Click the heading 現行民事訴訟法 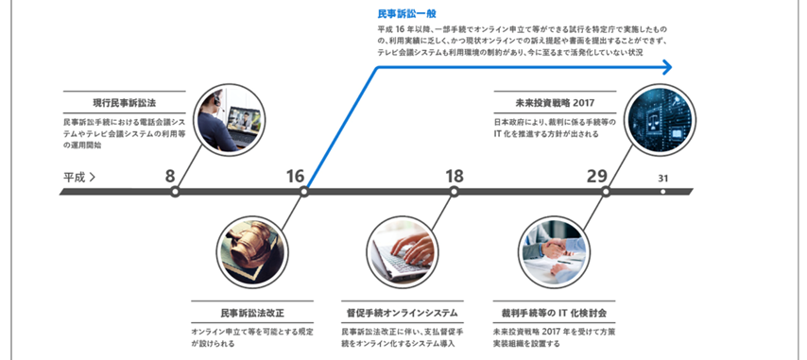(x=125, y=102)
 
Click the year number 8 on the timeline (x=170, y=176)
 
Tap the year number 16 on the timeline (x=296, y=176)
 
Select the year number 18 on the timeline (x=455, y=176)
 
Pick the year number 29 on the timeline (x=596, y=176)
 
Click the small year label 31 (x=663, y=178)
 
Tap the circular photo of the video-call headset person (x=228, y=119)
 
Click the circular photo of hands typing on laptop (x=403, y=250)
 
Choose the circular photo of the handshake (x=553, y=250)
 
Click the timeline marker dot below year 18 (x=455, y=192)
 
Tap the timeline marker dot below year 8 (x=175, y=192)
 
